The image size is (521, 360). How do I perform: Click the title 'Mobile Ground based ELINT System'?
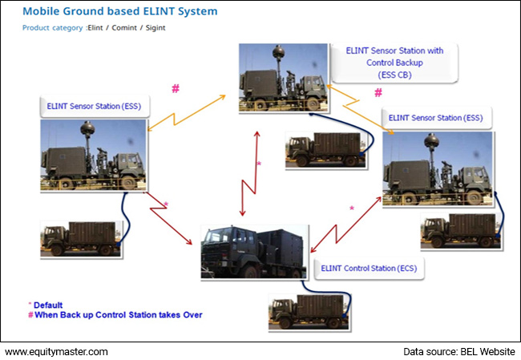108,12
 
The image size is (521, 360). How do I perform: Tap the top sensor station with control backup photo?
282,79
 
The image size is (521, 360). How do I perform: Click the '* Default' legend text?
48,305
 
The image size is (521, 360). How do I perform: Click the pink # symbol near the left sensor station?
175,88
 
